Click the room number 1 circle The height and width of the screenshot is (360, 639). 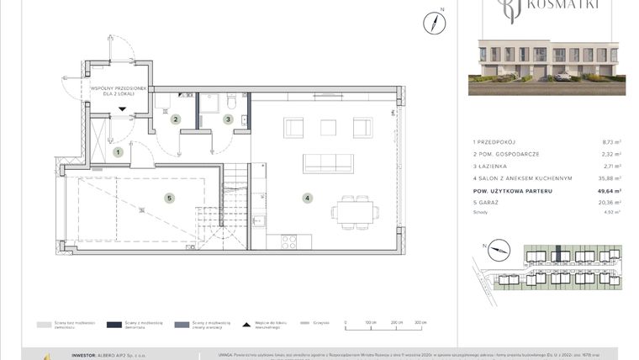119,152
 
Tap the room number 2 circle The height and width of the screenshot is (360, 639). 176,119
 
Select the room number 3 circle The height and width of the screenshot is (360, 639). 227,119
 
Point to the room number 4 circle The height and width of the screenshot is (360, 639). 309,199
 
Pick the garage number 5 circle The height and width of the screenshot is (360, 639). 169,199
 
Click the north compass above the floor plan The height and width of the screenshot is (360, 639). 435,23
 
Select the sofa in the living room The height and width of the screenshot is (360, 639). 328,162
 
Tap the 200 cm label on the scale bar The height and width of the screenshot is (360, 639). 396,322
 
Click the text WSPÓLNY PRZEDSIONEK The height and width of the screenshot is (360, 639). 119,88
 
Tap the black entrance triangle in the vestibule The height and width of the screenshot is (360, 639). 122,109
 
